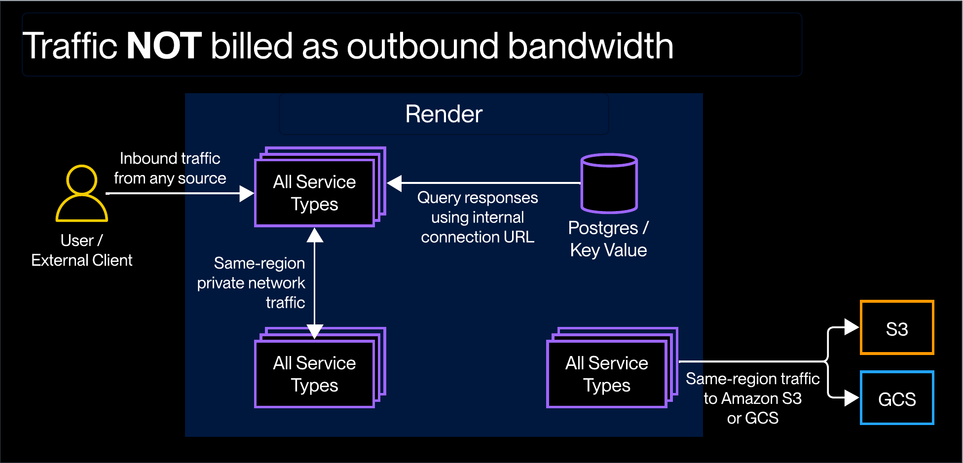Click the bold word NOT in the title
pyautogui.click(x=164, y=46)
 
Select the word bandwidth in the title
pyautogui.click(x=590, y=46)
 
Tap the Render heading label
pyautogui.click(x=444, y=114)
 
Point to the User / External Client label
pyautogui.click(x=82, y=250)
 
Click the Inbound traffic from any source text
pyautogui.click(x=170, y=168)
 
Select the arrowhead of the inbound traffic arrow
pyautogui.click(x=246, y=193)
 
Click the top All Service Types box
pyautogui.click(x=315, y=193)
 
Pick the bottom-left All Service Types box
pyautogui.click(x=315, y=374)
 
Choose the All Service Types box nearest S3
pyautogui.click(x=607, y=374)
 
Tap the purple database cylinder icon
pyautogui.click(x=609, y=183)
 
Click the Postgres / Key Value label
pyautogui.click(x=608, y=239)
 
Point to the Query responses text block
pyautogui.click(x=477, y=217)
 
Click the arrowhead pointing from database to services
pyautogui.click(x=395, y=183)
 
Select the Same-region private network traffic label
pyautogui.click(x=252, y=283)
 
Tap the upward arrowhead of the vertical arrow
pyautogui.click(x=315, y=236)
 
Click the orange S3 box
pyautogui.click(x=897, y=328)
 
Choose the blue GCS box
pyautogui.click(x=897, y=398)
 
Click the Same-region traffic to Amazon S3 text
pyautogui.click(x=752, y=398)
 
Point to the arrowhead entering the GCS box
pyautogui.click(x=851, y=397)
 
